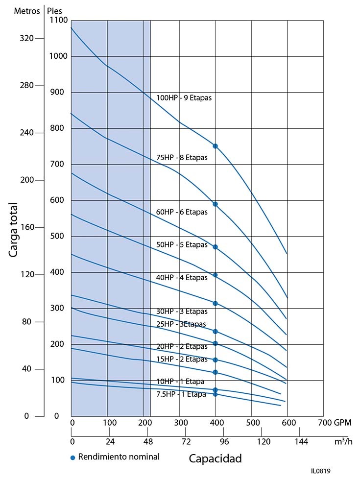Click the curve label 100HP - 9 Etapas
184,97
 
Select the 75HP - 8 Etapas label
182,158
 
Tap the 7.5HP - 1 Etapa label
181,394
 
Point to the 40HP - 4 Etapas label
182,278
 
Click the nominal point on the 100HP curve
215,146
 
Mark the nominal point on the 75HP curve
215,204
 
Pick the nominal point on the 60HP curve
215,247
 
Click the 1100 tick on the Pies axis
58,21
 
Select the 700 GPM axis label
335,422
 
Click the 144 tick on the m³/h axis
302,442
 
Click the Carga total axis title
14,230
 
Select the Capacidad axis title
216,459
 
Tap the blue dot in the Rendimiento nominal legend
73,457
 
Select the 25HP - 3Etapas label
182,324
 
